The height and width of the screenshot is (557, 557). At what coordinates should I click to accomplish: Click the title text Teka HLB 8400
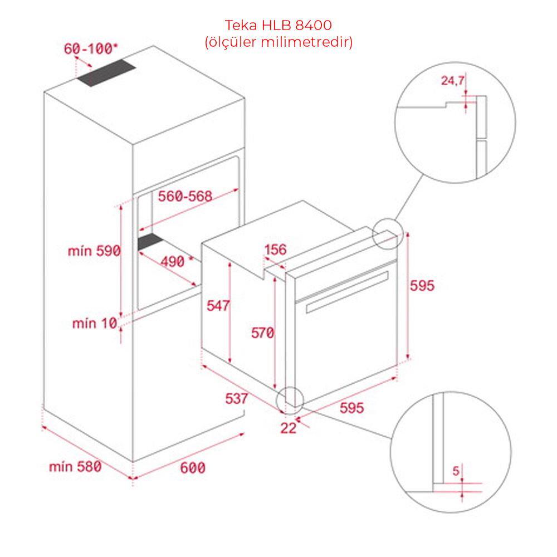click(278, 25)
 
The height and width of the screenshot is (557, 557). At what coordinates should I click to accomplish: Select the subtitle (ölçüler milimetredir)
click(278, 42)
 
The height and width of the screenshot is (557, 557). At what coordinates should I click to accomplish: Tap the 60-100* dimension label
click(91, 48)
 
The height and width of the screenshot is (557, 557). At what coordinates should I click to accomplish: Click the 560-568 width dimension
click(185, 196)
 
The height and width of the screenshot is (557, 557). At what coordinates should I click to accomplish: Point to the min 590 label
click(95, 251)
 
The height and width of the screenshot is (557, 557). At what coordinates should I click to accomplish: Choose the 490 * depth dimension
click(177, 262)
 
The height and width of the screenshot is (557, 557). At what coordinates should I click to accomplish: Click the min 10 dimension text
click(95, 323)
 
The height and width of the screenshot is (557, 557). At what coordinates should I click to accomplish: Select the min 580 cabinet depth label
click(75, 466)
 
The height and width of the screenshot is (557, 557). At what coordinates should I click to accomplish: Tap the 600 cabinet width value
click(193, 467)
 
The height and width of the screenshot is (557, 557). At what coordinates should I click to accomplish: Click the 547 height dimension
click(218, 305)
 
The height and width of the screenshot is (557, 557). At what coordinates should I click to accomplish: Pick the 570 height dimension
click(262, 333)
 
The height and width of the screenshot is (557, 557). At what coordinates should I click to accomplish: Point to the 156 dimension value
click(275, 250)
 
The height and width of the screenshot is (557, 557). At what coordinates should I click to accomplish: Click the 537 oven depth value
click(237, 399)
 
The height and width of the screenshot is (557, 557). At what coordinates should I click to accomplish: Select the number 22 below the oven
click(288, 428)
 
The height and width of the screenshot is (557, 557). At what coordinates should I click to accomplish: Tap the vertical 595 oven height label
click(422, 286)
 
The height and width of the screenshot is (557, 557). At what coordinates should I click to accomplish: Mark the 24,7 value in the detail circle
click(452, 81)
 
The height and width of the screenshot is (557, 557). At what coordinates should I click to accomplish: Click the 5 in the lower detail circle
click(456, 471)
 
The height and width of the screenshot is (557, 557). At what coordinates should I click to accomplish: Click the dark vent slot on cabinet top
click(106, 72)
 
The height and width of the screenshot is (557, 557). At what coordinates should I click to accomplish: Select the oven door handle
click(346, 292)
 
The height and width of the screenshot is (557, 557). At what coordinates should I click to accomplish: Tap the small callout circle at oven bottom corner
click(290, 400)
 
